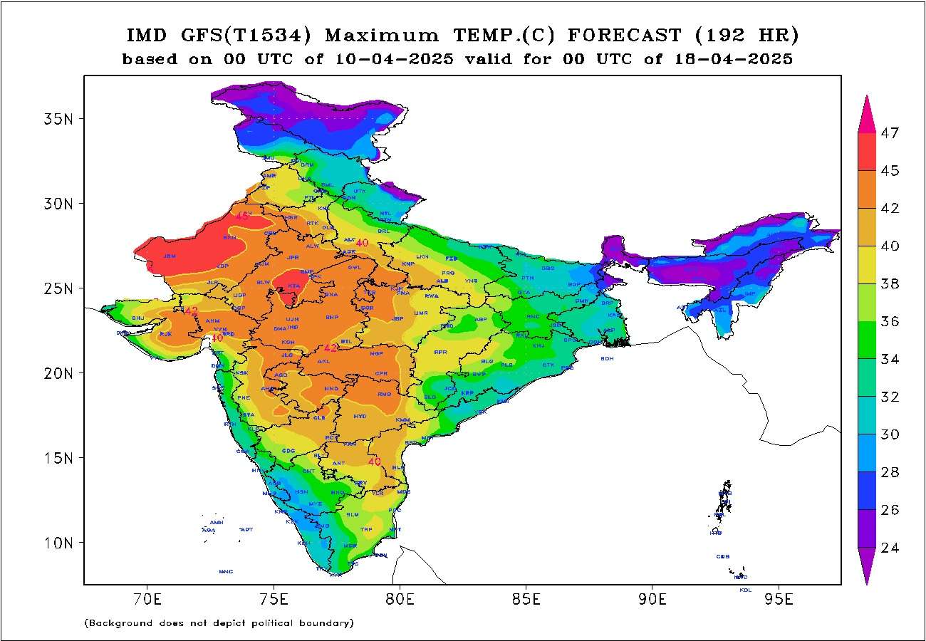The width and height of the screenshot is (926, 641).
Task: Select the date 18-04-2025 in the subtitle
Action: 733,59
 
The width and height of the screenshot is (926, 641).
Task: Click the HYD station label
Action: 360,416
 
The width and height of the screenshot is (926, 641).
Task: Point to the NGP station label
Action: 376,353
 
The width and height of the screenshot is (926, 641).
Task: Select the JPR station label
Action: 293,257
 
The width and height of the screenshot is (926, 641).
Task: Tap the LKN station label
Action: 423,256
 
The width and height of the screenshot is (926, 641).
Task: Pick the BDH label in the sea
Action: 607,358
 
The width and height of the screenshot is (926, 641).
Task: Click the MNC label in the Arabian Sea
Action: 226,571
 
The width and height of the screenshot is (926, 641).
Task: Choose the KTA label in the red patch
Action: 294,286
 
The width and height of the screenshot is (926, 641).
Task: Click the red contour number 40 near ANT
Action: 375,462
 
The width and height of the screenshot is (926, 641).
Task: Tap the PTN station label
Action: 528,278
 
